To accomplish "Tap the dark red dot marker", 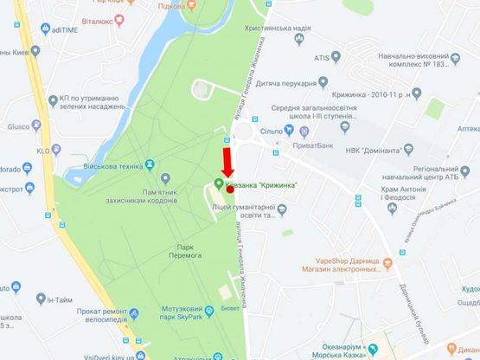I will pos(231,190).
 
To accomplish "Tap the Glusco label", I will pos(19,124).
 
